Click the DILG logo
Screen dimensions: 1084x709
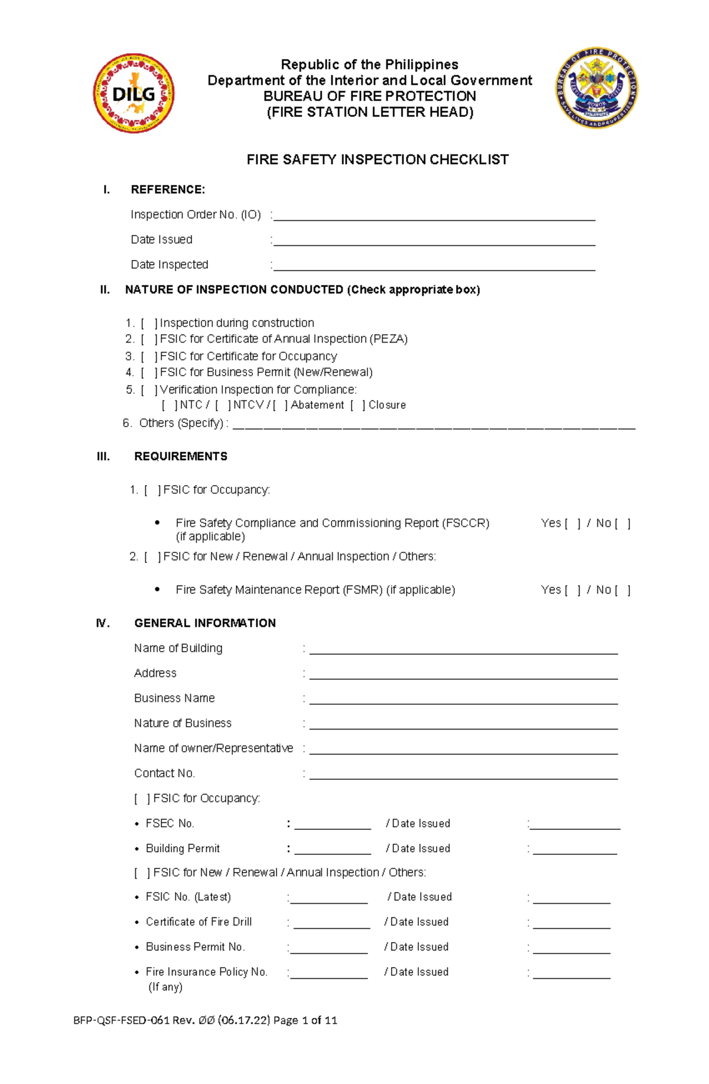(x=134, y=93)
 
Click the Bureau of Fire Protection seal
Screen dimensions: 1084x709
(x=596, y=89)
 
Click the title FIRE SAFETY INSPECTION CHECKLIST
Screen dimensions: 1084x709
(x=377, y=159)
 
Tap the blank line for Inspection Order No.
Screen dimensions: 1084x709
(x=434, y=217)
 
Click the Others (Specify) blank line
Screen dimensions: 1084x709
(x=434, y=425)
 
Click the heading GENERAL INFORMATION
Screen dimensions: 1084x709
(x=204, y=623)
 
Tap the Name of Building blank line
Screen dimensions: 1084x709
(x=463, y=650)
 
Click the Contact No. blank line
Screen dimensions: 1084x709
(x=463, y=776)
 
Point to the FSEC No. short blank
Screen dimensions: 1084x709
(x=332, y=826)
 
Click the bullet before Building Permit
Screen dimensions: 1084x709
(x=137, y=849)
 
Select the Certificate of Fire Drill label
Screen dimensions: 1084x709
(x=199, y=922)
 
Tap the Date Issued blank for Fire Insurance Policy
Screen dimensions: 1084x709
(x=571, y=975)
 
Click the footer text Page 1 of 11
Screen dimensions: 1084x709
(x=305, y=1020)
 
